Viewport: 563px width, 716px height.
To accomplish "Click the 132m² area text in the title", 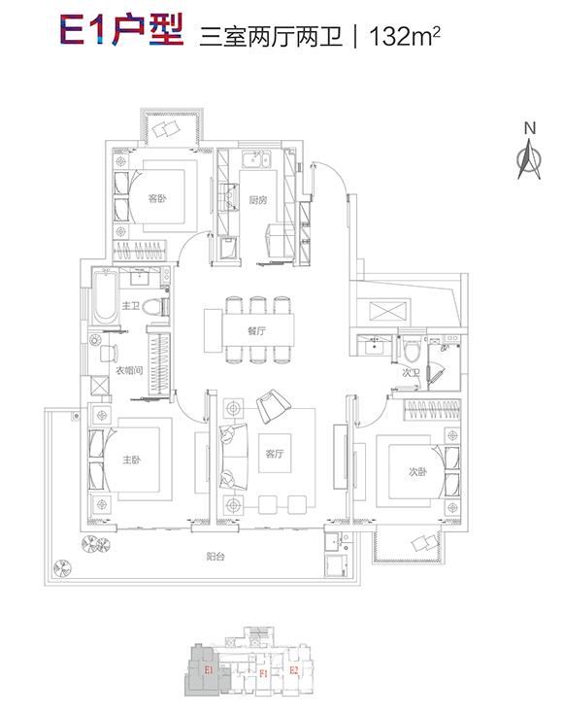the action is pos(405,37).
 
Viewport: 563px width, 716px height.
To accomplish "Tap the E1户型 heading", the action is pos(121,30).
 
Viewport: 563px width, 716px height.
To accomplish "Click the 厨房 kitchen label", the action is pos(258,199).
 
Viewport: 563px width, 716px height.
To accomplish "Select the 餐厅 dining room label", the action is pos(257,330).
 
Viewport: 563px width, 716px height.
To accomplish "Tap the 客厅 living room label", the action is pos(274,454).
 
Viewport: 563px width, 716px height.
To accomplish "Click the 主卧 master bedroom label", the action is pos(131,459).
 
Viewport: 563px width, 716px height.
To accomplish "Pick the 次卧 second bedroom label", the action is pos(417,472).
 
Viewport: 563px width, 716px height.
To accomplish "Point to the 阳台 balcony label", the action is pos(215,557).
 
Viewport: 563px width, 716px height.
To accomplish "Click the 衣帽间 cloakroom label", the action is pos(129,370).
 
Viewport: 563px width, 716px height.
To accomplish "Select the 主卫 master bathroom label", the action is pos(130,305).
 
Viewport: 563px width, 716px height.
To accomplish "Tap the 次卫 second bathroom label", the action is pos(411,373).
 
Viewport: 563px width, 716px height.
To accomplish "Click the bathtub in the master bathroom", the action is pos(105,297).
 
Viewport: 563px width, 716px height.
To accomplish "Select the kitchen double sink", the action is pos(256,160).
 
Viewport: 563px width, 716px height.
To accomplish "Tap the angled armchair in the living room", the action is pos(273,405).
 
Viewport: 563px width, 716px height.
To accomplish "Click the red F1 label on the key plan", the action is pos(263,673).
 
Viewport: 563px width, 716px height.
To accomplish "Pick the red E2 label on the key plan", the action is pos(294,670).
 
